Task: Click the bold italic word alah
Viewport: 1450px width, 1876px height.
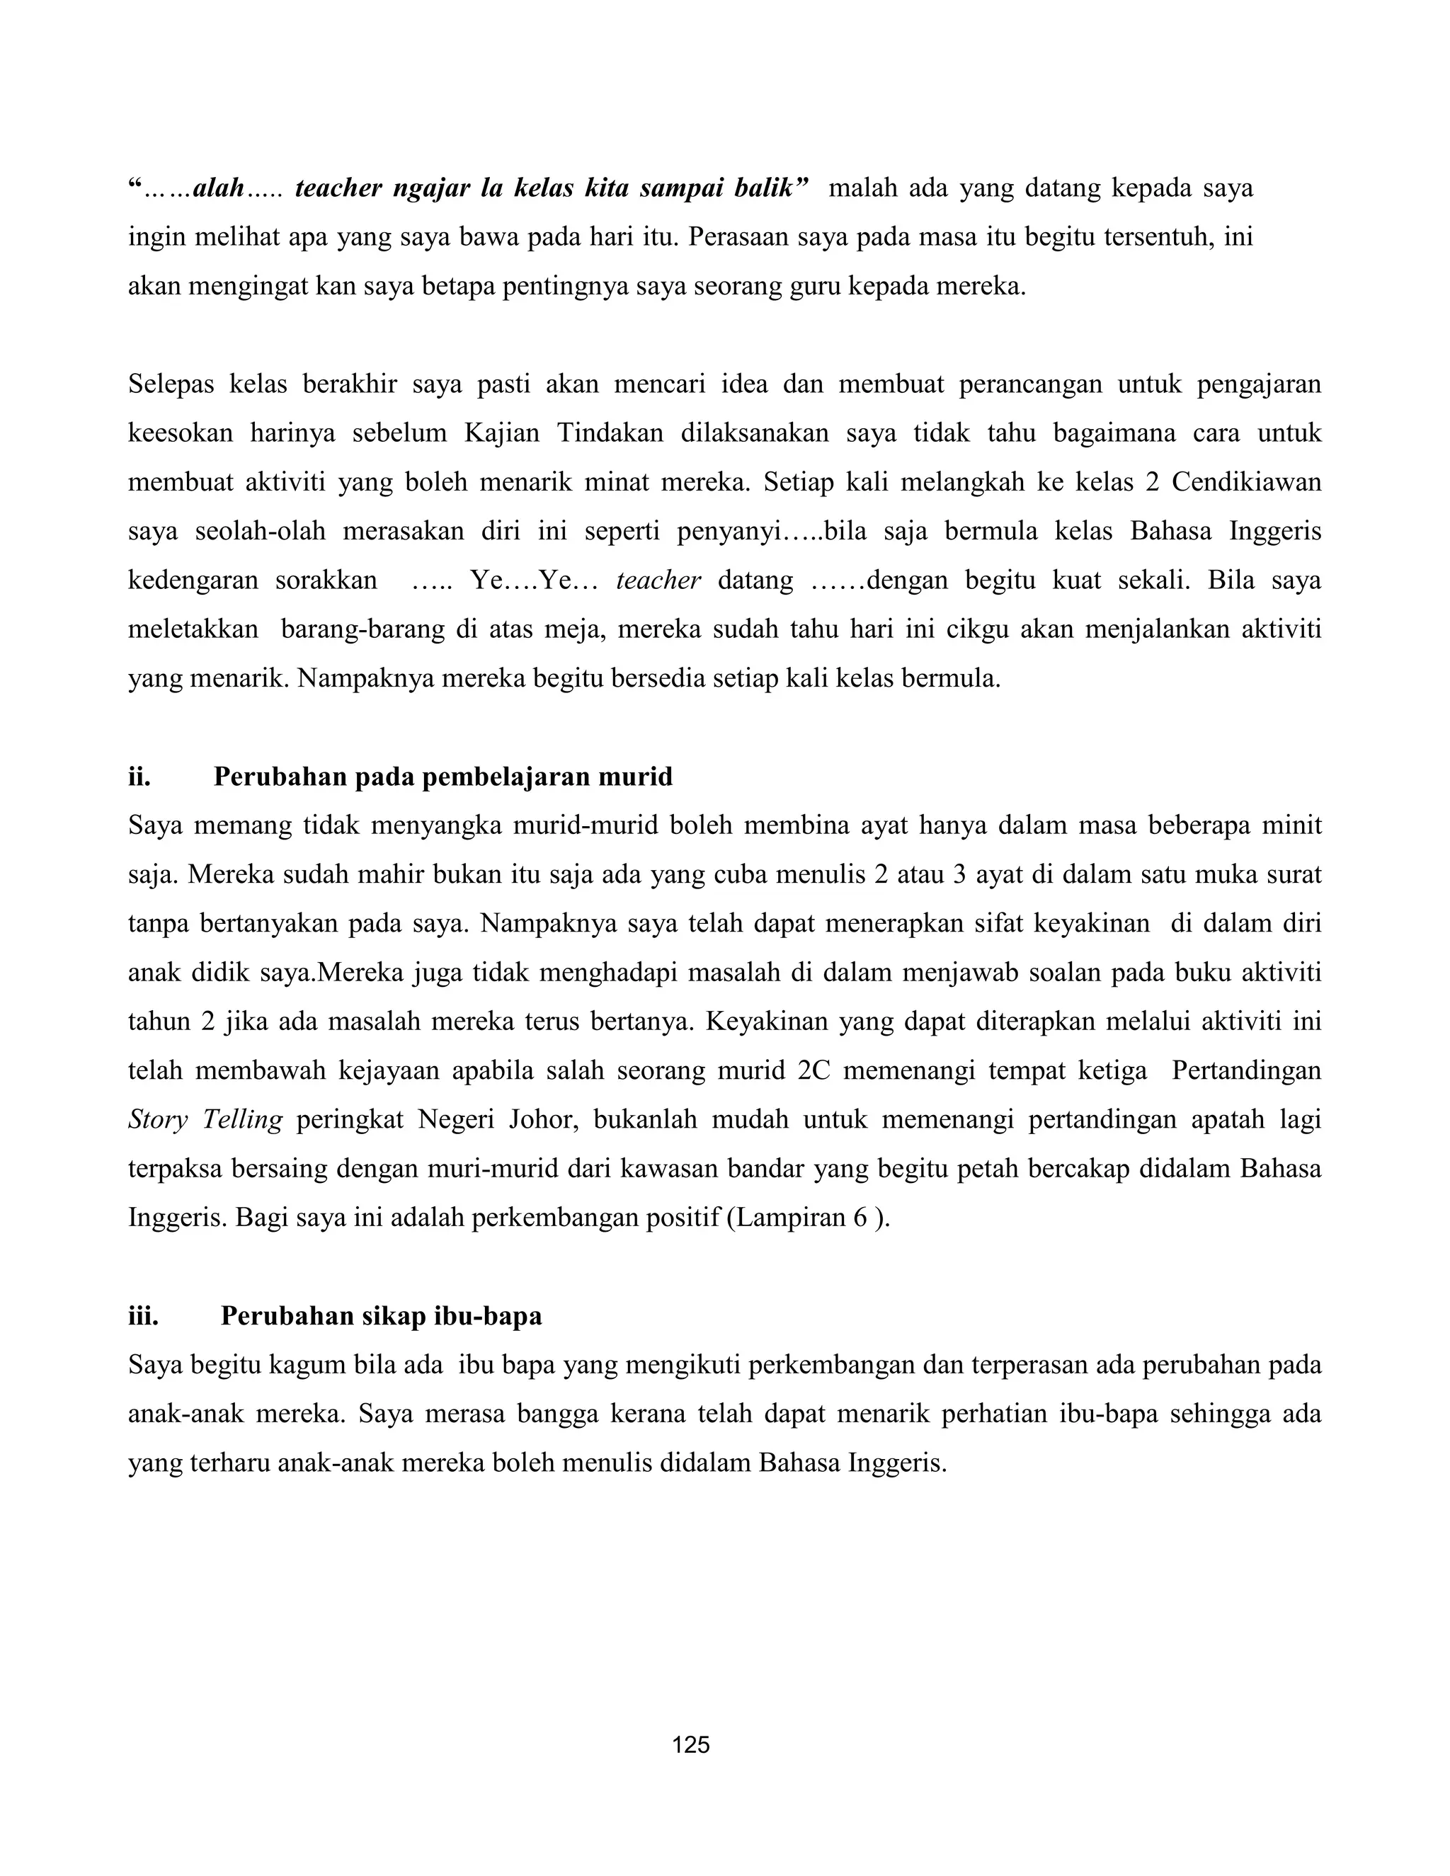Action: [218, 188]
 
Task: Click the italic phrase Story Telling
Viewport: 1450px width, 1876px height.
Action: [205, 1120]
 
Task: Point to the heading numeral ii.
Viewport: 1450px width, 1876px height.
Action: [139, 777]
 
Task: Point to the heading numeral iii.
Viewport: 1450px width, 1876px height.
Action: [144, 1317]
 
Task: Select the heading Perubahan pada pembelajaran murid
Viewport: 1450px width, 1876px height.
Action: [443, 777]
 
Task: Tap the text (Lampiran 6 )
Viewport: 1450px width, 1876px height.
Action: [807, 1218]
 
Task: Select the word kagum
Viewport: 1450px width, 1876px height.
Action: [309, 1366]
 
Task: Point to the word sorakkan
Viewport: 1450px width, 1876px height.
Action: [326, 580]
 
